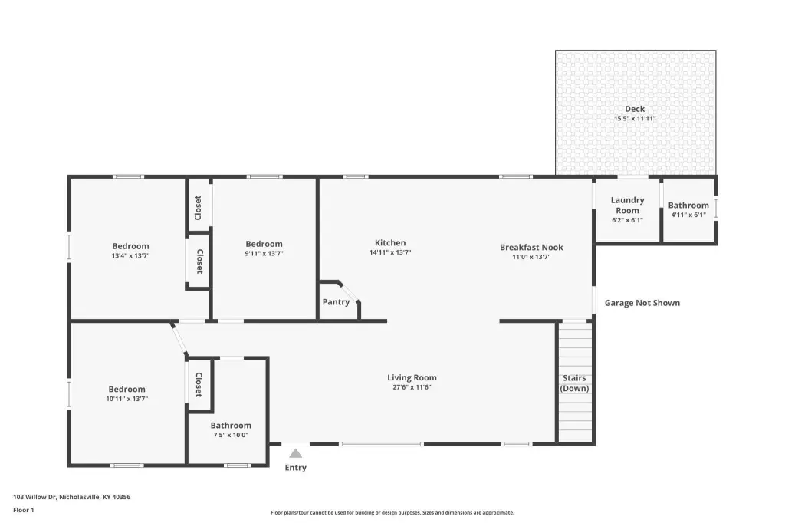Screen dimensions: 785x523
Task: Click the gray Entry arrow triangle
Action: click(296, 453)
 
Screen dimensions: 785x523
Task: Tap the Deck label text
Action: click(635, 109)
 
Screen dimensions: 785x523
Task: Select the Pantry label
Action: click(336, 302)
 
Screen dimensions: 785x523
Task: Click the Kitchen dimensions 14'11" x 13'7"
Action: click(390, 252)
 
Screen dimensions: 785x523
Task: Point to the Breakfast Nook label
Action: click(531, 248)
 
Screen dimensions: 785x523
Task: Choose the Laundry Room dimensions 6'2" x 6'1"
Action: click(627, 220)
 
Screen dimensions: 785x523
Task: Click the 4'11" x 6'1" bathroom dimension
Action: click(688, 215)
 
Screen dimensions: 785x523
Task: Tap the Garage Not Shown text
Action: click(642, 303)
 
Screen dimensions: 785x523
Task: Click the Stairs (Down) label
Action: click(574, 383)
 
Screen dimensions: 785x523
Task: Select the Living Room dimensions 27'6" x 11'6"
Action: click(412, 387)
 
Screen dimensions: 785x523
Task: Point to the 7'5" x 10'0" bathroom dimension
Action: click(231, 435)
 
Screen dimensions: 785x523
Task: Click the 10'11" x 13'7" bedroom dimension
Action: click(126, 399)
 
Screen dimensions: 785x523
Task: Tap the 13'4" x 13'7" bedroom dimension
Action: click(130, 255)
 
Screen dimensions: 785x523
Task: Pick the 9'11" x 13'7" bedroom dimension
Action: click(264, 254)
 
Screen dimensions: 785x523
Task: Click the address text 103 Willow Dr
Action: click(35, 497)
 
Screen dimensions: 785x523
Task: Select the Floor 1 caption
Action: click(24, 510)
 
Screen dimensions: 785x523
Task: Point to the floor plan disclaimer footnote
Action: click(392, 512)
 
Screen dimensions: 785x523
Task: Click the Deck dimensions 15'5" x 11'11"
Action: click(635, 119)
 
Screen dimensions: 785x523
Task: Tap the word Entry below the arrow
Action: click(295, 467)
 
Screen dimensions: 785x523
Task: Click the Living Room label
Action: click(412, 378)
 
